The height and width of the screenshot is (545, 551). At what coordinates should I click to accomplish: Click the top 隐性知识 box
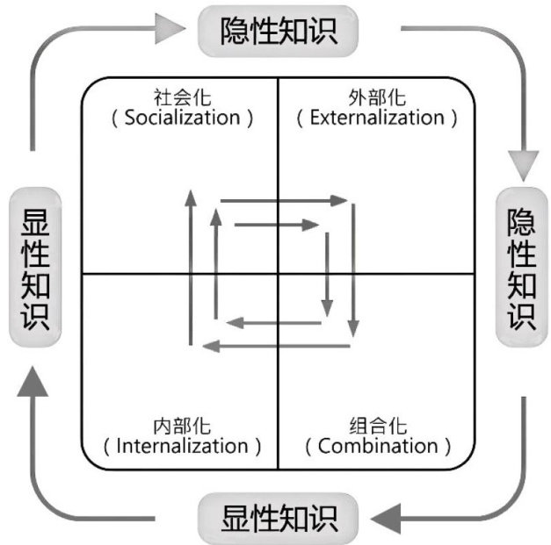tap(279, 31)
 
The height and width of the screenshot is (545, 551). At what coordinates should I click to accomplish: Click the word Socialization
tap(182, 118)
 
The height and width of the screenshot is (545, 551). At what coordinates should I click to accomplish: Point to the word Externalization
tap(377, 118)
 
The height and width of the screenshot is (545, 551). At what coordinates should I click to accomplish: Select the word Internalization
tap(182, 446)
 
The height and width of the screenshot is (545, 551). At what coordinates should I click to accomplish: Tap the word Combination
tap(378, 446)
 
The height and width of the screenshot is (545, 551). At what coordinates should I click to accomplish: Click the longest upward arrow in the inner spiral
tap(189, 263)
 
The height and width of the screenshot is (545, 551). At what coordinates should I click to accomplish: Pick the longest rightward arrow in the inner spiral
tap(281, 201)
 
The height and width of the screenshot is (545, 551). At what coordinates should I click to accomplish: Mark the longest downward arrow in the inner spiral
tap(354, 268)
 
